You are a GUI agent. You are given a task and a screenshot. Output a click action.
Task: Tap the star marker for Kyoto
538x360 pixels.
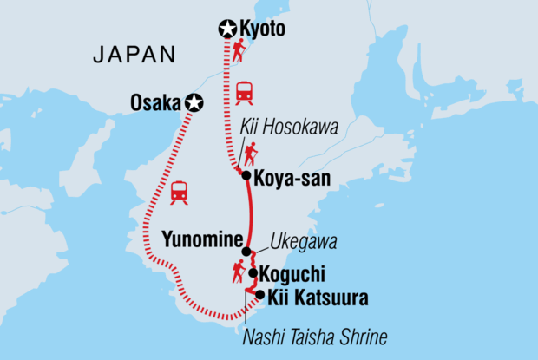(226, 31)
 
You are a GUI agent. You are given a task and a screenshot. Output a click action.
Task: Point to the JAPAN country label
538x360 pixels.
(134, 55)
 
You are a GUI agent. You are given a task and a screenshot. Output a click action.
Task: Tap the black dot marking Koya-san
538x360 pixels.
(246, 175)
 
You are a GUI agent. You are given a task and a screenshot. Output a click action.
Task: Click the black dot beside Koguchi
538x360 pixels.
(253, 273)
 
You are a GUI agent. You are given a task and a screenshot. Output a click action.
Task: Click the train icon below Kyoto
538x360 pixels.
(245, 91)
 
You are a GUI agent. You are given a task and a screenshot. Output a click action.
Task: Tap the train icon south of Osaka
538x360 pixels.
(180, 192)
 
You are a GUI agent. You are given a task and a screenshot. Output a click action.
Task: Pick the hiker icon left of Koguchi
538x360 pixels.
(237, 272)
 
